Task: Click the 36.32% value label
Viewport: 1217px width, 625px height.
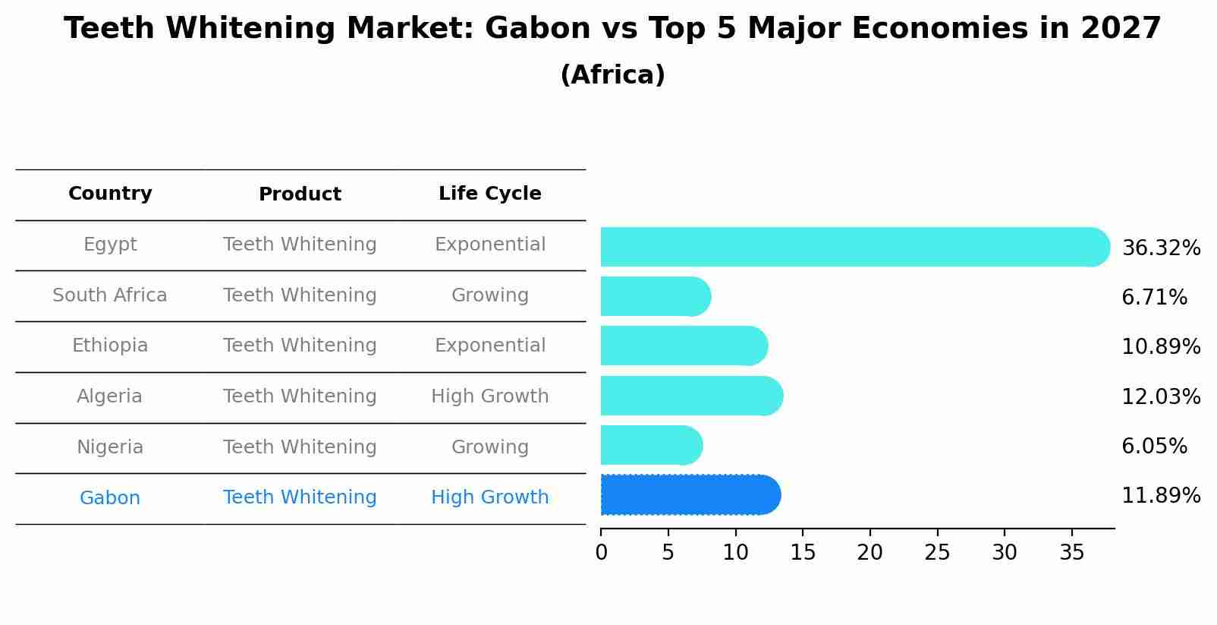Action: tap(1160, 248)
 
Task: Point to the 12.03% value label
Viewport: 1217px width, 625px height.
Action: tap(1160, 397)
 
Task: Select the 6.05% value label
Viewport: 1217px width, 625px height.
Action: tap(1153, 447)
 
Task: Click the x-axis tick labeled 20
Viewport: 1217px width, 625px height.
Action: tap(870, 553)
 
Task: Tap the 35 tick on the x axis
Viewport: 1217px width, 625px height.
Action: tap(1071, 553)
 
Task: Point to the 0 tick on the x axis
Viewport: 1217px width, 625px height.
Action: tap(602, 553)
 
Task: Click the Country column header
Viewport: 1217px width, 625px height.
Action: tap(110, 194)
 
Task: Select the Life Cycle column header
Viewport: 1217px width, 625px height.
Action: tap(489, 194)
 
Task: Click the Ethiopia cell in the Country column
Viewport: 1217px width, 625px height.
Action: tap(110, 346)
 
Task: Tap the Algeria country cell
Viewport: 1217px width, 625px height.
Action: tap(110, 396)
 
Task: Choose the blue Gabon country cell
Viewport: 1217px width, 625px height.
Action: tap(110, 498)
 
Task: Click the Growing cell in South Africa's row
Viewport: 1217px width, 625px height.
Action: tap(489, 295)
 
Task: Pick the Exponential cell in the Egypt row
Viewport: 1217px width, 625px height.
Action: tap(489, 245)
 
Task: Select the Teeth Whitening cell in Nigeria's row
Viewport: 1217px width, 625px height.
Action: tap(300, 447)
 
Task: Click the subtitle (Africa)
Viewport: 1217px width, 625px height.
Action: tap(612, 75)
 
